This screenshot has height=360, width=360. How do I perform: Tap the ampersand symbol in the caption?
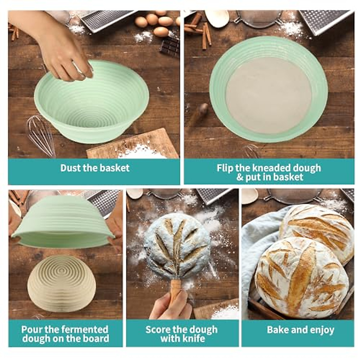pos(240,177)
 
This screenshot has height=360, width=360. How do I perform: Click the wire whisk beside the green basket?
pos(40,133)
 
